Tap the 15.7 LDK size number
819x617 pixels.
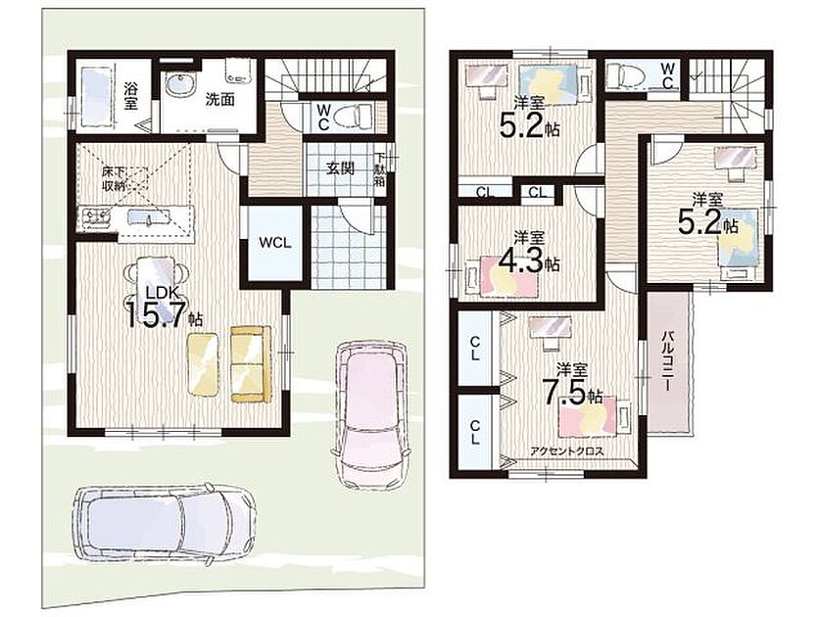click(x=157, y=312)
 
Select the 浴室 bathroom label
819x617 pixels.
click(x=130, y=96)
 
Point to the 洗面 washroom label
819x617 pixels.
click(x=219, y=100)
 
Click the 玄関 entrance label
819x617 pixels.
click(x=341, y=168)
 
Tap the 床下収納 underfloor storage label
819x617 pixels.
click(x=114, y=178)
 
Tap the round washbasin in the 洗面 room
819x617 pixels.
click(x=180, y=83)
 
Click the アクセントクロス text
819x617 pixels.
click(x=567, y=451)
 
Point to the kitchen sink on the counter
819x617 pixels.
click(x=141, y=216)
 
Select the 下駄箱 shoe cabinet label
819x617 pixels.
click(x=379, y=170)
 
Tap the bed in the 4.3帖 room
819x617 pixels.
click(x=501, y=275)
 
